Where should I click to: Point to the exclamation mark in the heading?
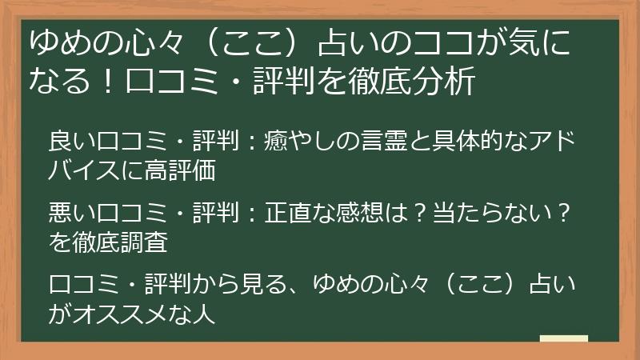coord(108,81)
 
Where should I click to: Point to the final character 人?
coord(203,314)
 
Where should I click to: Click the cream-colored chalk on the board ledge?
coord(564,338)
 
